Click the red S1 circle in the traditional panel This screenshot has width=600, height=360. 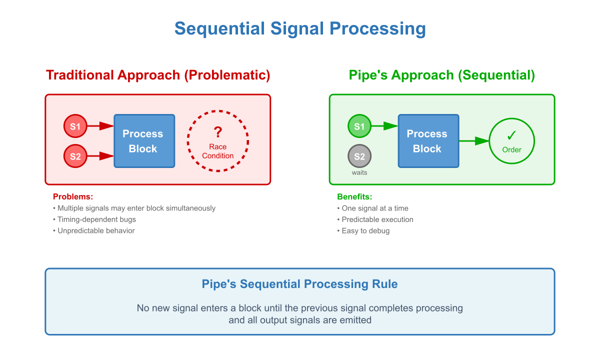75,126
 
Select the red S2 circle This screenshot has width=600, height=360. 75,156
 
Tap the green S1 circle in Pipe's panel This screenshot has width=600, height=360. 359,126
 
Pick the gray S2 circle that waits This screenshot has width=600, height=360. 359,156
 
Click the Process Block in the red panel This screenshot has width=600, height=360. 144,141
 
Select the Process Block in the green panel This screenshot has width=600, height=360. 428,141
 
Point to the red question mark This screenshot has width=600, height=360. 217,132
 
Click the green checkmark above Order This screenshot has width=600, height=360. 511,135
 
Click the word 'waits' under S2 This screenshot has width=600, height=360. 359,172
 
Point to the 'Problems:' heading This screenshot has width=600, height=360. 73,196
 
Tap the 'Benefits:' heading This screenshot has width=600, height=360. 354,196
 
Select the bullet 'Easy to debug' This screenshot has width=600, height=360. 365,231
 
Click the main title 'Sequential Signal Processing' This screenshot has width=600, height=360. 300,28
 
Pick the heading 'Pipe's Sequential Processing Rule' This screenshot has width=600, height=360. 300,284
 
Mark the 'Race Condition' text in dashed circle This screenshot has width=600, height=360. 217,151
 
